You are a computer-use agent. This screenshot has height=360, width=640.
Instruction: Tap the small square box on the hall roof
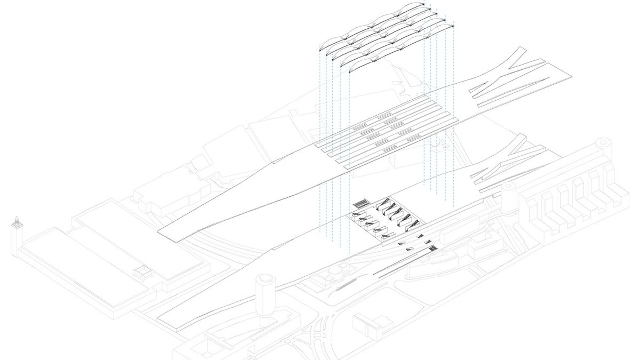(143, 273)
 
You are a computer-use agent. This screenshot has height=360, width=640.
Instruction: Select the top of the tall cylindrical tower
(265, 279)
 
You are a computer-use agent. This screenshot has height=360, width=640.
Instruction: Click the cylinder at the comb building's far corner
(604, 142)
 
